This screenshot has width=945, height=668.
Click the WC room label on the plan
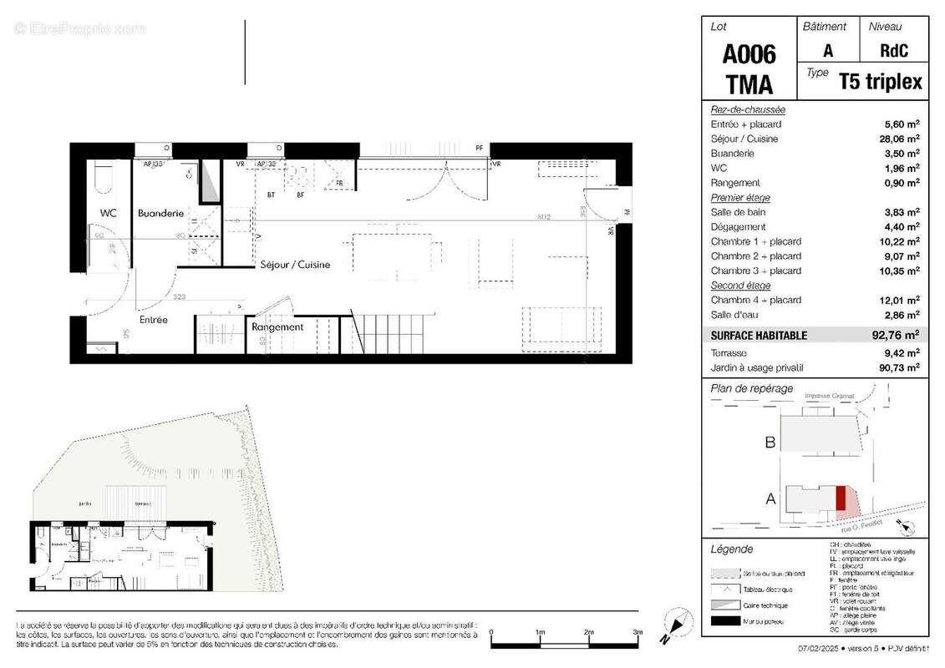tap(109, 213)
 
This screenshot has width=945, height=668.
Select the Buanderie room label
tap(160, 213)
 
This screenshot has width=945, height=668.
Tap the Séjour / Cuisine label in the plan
tap(294, 265)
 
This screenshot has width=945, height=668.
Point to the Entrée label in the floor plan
tap(153, 319)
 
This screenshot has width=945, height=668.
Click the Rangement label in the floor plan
tap(277, 327)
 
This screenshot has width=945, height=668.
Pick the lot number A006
tap(748, 55)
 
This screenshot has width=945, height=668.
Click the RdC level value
tap(893, 50)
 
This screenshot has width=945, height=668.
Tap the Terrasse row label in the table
tap(729, 352)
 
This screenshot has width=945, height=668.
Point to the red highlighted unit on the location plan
tap(841, 498)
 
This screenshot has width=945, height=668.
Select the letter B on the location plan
tap(771, 442)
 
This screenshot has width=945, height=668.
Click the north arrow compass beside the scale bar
tap(678, 625)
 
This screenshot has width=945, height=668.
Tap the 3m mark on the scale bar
tap(637, 632)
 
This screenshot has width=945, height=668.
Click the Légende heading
tap(731, 549)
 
